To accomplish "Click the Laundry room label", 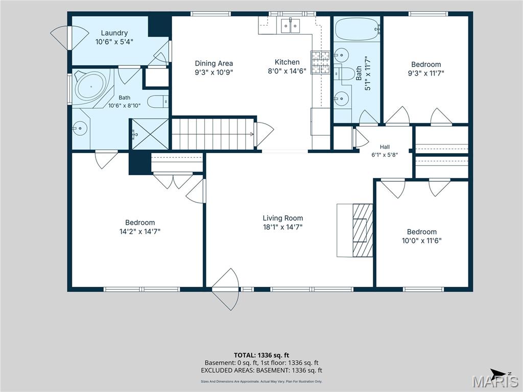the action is coord(114,33).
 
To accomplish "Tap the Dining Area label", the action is coord(214,63).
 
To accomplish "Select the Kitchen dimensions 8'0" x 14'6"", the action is coord(287,70).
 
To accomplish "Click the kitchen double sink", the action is coord(290,26).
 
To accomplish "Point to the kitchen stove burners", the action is coord(320,62).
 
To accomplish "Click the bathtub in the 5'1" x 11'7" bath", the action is coord(357,29).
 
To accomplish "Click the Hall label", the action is coord(385,147).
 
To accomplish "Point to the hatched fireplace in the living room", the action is coord(363,230).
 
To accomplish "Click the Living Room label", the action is coord(283,218).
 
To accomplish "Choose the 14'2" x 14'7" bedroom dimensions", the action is coord(140,231).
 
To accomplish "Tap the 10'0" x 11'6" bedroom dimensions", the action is coord(422,241).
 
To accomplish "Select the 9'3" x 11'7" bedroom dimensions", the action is coord(426,73).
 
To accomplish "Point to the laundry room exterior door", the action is coord(69,38).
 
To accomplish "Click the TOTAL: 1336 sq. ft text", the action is coord(261,355).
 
